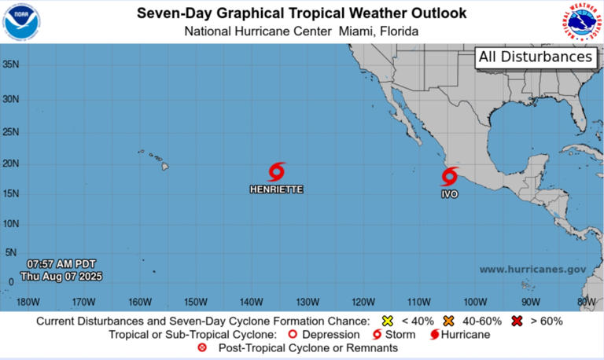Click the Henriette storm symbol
(x=276, y=171)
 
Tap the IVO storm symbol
(x=450, y=176)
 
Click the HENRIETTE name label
(x=276, y=189)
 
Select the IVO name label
(x=449, y=193)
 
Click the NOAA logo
(x=22, y=22)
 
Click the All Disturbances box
(x=535, y=57)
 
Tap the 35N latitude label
(x=11, y=64)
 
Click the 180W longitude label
(x=28, y=302)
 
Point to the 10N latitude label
(x=11, y=223)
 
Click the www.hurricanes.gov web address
(x=532, y=270)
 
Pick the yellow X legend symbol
(x=386, y=321)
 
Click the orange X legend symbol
(x=449, y=321)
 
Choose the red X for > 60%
(x=517, y=321)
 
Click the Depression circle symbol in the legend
(x=294, y=334)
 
